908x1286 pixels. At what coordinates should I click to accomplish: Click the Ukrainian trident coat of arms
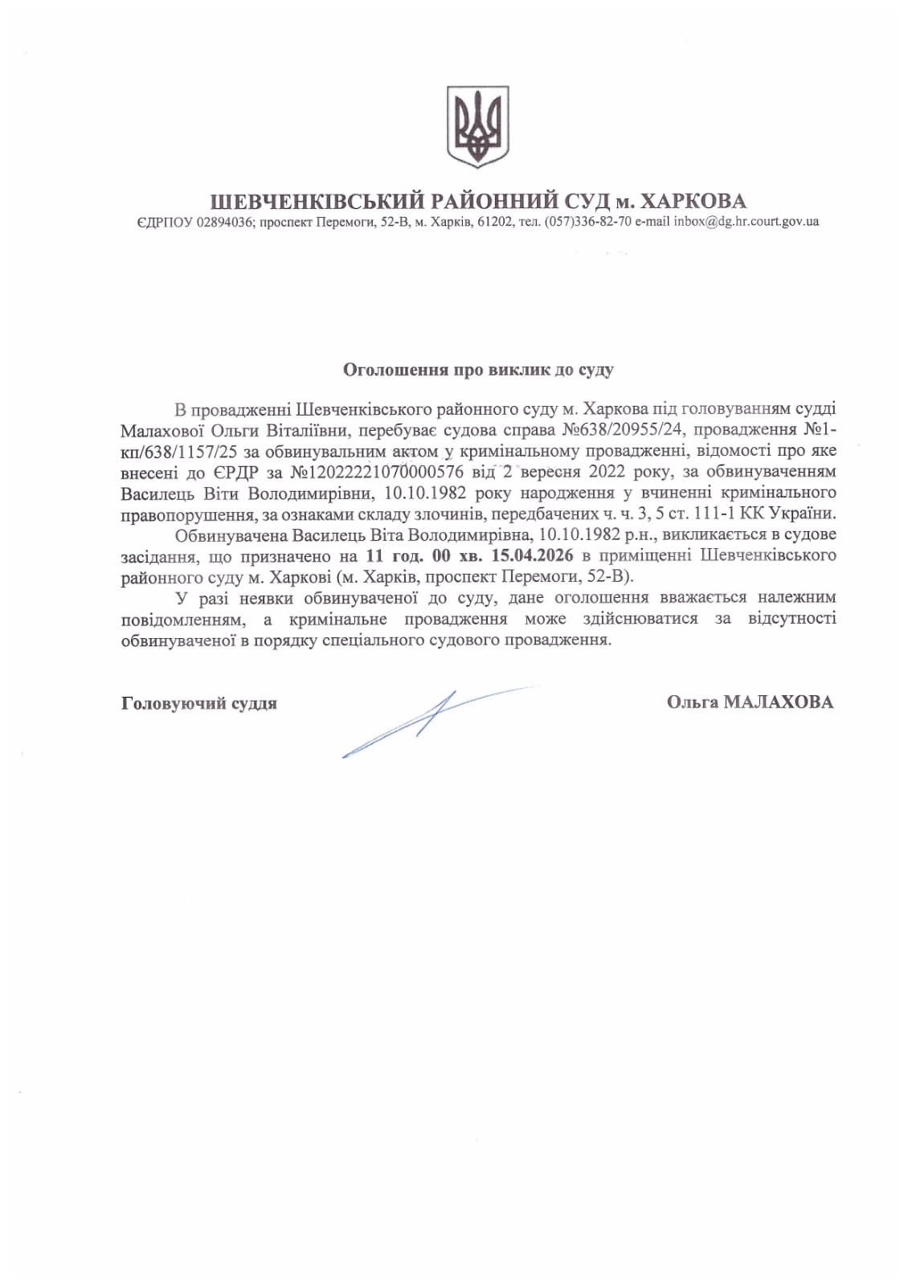pos(477,127)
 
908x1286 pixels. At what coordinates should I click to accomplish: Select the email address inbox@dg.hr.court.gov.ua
pos(746,222)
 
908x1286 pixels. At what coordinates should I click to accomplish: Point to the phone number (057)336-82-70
pos(587,222)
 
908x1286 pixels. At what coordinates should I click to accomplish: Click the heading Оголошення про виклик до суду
pos(478,370)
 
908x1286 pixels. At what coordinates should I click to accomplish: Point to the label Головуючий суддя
pos(199,703)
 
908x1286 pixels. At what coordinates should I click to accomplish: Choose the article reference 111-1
pos(719,514)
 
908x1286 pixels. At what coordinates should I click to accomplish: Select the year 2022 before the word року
pos(606,472)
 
